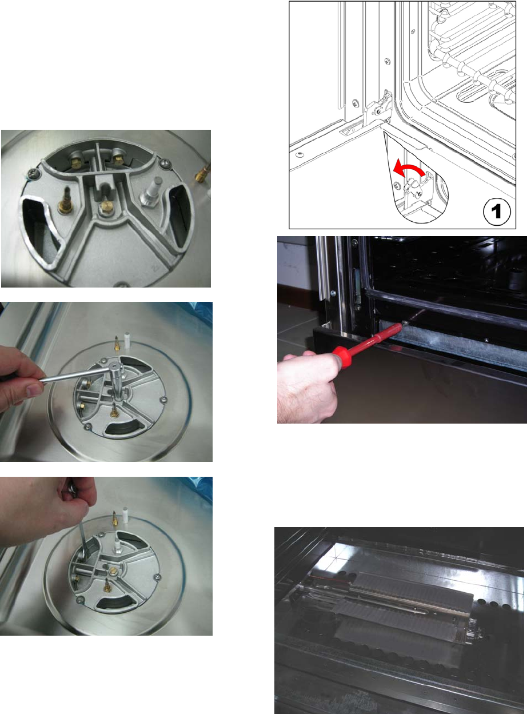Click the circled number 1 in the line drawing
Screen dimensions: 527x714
pos(497,212)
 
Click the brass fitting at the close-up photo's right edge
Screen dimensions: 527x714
pos(203,174)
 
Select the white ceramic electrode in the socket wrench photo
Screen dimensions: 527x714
pos(127,341)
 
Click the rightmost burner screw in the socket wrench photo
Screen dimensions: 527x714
pos(164,400)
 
